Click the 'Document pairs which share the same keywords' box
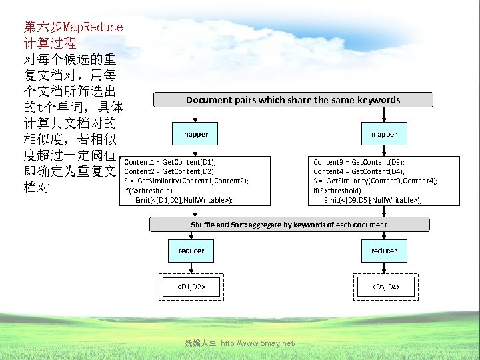[x=293, y=100]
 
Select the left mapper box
[x=195, y=134]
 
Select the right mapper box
[x=383, y=134]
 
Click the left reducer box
[x=191, y=251]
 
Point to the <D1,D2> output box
[x=191, y=287]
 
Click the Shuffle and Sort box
[x=289, y=225]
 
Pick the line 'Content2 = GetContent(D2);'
[x=170, y=171]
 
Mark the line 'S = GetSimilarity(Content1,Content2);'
[x=187, y=181]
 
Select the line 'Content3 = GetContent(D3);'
[x=359, y=162]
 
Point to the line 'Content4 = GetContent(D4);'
[x=359, y=171]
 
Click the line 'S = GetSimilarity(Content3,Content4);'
[x=375, y=181]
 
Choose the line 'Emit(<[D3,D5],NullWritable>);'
[x=373, y=199]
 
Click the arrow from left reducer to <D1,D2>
[x=191, y=267]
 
